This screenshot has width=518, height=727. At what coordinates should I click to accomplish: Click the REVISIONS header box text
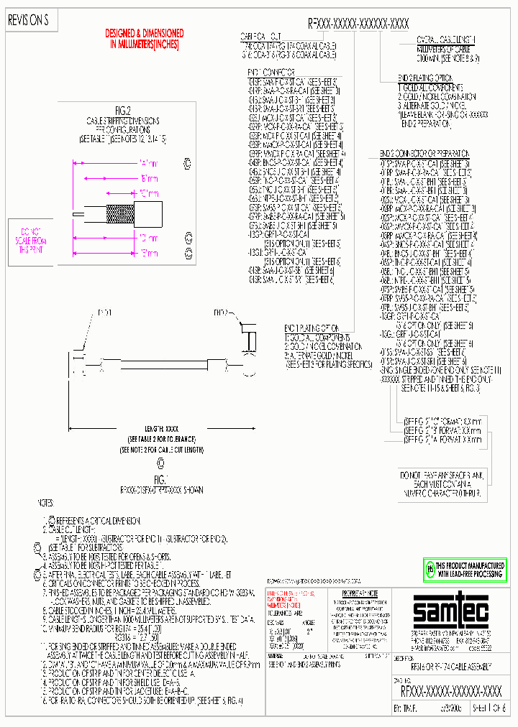pyautogui.click(x=27, y=22)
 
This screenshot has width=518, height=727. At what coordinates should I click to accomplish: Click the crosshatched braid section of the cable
pyautogui.click(x=116, y=213)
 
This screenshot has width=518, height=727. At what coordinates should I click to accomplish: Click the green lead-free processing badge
pyautogui.click(x=464, y=568)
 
